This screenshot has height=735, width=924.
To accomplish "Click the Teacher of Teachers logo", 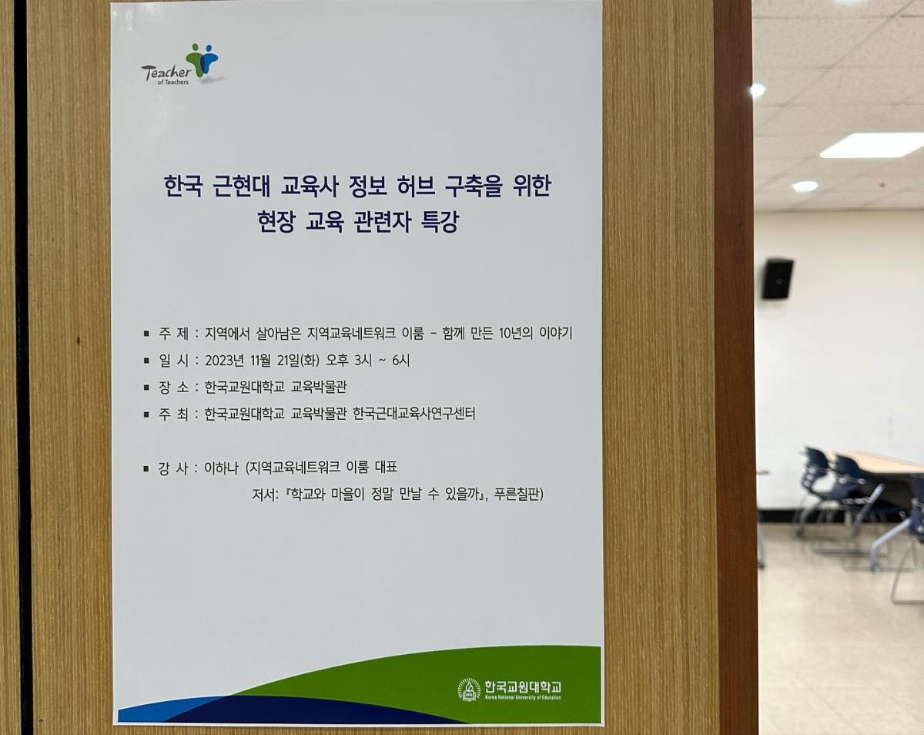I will pos(181,65).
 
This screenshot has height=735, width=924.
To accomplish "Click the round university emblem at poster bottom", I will pos(468,689).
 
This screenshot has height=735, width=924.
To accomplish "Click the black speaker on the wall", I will pos(777,278).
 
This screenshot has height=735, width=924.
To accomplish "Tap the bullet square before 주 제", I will pos(146,334).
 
